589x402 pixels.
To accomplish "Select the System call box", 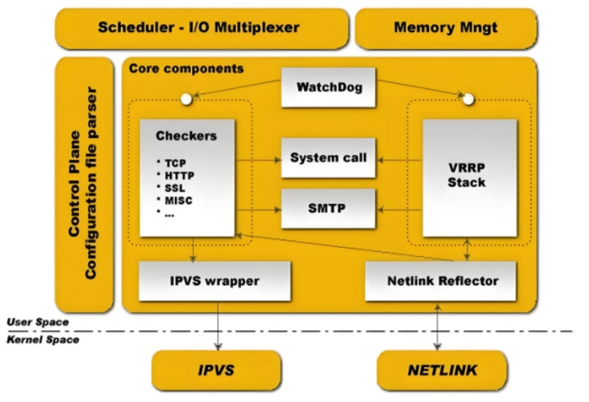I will point(328,158).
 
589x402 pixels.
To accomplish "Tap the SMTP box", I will point(328,208).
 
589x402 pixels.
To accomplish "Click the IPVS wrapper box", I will point(214,281).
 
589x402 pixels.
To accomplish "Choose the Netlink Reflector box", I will point(442,281).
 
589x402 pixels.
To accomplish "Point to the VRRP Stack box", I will point(470,177).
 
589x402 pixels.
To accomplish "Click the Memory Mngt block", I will point(446,28).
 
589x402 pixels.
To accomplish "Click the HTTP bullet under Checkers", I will point(180,175).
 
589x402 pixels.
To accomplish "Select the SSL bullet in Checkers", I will point(175,188).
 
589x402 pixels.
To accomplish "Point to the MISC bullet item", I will point(179,200).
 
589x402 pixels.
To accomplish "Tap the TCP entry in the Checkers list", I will point(175,163).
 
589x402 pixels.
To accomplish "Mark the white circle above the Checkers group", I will point(186,99).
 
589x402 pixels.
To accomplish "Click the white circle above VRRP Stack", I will point(469,99).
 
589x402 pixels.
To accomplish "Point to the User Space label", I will point(38,322).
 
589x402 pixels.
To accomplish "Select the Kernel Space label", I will point(42,340).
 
